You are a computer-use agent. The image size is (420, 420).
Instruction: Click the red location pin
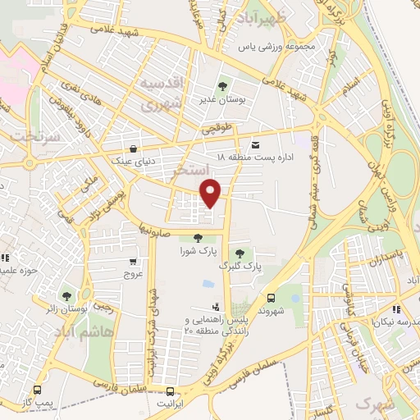point(212,192)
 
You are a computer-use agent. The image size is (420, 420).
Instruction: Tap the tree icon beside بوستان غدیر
point(222,85)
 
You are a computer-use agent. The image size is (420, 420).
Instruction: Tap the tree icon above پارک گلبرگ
point(240,253)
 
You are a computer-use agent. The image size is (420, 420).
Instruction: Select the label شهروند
point(271,311)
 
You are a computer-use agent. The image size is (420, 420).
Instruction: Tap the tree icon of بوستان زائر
point(66,296)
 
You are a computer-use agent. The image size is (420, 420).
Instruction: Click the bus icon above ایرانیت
point(170,391)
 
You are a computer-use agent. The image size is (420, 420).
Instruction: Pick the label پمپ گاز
point(37,402)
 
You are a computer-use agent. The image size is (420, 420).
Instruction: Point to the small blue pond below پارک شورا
point(209,285)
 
